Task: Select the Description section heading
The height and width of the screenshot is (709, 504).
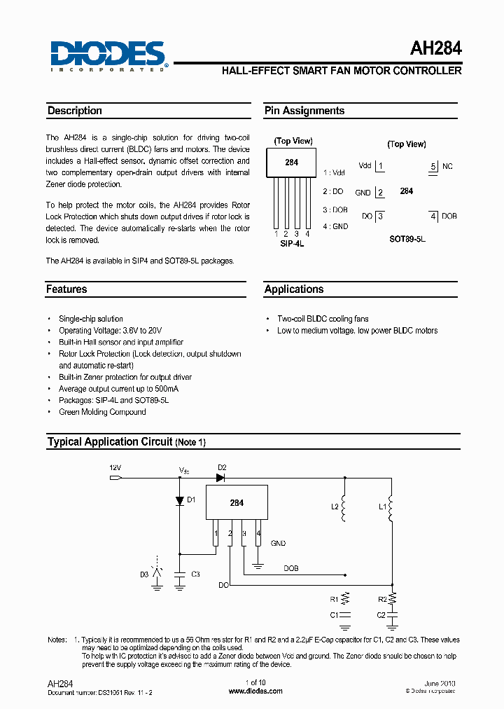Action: (75, 111)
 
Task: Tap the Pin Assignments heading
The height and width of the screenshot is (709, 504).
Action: (304, 111)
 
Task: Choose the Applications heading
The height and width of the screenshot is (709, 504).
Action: (294, 289)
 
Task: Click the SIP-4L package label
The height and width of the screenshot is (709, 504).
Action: (292, 244)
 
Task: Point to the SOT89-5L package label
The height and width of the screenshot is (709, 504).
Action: (407, 239)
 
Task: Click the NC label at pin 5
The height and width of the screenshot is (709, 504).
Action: (447, 166)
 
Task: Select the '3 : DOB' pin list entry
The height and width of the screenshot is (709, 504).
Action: (335, 209)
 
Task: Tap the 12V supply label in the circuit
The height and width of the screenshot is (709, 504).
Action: (115, 467)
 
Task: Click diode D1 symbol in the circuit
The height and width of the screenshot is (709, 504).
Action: (179, 500)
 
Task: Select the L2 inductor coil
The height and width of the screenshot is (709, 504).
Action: (344, 510)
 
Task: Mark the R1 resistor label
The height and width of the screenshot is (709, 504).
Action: (334, 600)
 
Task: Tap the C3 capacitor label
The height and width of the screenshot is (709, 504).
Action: (195, 574)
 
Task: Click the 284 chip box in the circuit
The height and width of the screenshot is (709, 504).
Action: (237, 502)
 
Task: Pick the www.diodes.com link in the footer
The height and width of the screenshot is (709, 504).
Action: (255, 691)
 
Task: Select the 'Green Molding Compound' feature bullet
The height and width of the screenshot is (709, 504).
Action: (102, 412)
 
